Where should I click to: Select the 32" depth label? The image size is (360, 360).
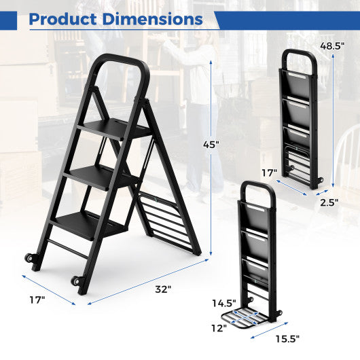point(162,289)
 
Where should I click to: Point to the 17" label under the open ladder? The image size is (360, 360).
point(37,299)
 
